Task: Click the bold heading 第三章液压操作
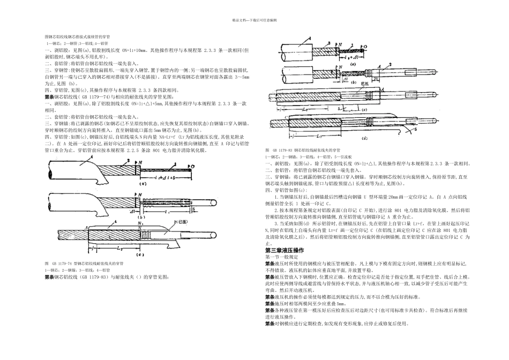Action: (x=285, y=251)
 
